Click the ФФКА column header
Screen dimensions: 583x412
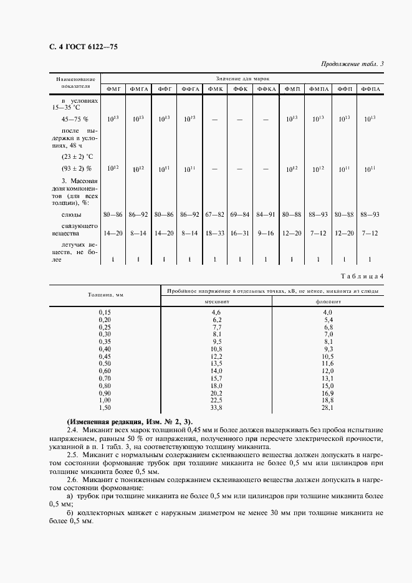click(x=266, y=89)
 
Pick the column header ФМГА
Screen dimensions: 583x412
click(x=138, y=89)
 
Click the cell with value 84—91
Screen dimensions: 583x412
click(x=266, y=214)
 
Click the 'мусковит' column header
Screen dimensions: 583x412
click(x=216, y=300)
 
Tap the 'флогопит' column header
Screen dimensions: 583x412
click(x=327, y=300)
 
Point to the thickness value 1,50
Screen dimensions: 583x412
click(x=104, y=409)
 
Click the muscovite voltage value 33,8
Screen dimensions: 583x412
click(x=216, y=409)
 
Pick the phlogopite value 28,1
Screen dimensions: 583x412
click(x=327, y=409)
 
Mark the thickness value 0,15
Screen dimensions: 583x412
click(x=104, y=311)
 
